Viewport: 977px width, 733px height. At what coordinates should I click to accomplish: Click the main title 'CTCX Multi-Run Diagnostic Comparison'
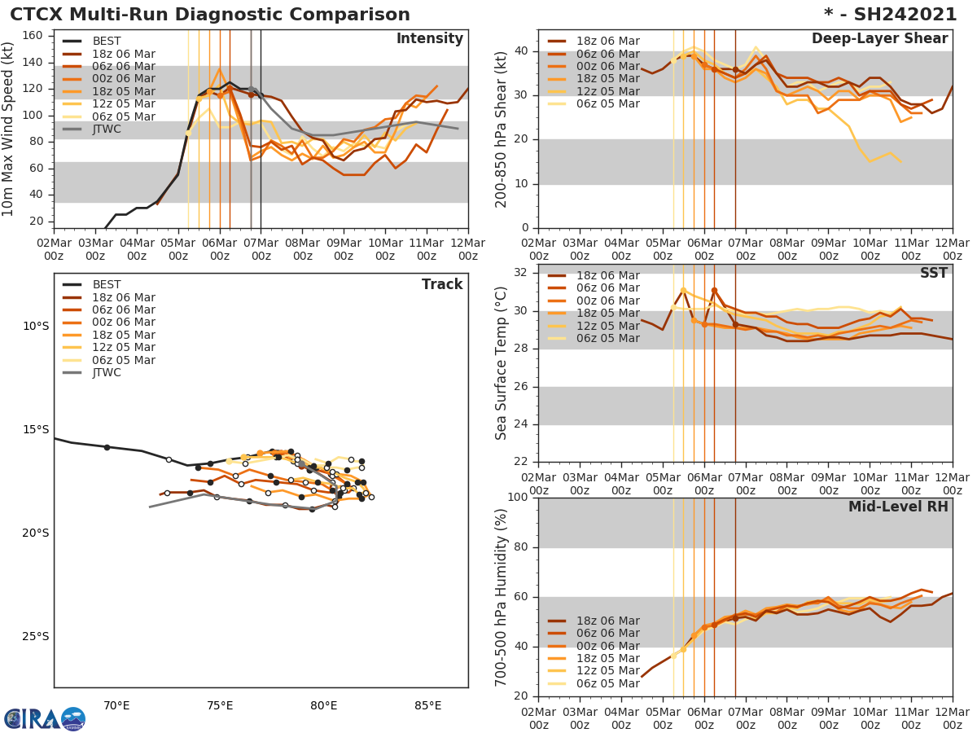coord(210,15)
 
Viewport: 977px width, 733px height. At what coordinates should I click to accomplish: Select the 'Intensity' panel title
coord(429,39)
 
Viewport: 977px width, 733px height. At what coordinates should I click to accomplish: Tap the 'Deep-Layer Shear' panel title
coord(879,39)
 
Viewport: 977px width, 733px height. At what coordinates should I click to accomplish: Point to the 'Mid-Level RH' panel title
coord(898,507)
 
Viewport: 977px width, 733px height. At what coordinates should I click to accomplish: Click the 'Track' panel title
coord(442,284)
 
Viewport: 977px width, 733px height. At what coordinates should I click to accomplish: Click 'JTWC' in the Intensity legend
coord(107,129)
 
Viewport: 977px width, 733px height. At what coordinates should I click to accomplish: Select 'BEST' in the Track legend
coord(107,284)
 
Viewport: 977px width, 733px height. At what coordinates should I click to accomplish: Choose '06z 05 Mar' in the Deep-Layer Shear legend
coord(608,104)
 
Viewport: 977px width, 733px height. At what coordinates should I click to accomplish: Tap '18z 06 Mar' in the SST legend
coord(608,275)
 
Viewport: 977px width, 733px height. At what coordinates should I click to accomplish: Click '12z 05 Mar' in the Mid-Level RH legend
coord(608,671)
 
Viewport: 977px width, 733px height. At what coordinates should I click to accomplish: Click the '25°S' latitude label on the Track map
coord(35,636)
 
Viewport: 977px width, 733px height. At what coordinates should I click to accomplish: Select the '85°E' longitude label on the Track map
coord(427,705)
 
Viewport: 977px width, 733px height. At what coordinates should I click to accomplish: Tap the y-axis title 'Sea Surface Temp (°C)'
coord(502,364)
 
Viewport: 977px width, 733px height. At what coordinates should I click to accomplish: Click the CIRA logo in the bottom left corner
coord(43,719)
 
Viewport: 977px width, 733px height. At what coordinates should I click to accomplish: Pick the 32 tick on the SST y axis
coord(521,273)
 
